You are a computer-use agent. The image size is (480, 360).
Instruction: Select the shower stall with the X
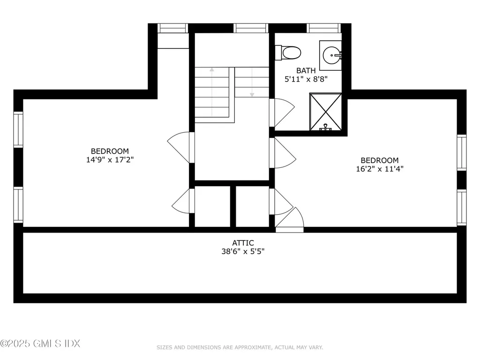click(325, 112)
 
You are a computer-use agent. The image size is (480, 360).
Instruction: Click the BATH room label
click(306, 71)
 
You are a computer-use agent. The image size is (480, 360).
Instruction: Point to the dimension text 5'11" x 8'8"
click(306, 79)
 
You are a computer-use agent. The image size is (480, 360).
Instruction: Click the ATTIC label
click(243, 243)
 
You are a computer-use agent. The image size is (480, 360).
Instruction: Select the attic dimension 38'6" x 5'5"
click(243, 251)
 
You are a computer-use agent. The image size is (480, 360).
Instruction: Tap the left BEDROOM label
click(110, 151)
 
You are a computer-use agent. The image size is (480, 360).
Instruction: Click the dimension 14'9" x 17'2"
click(110, 159)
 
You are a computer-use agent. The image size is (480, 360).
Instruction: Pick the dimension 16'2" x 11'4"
click(380, 169)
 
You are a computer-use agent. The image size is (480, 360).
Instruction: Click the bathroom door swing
click(281, 112)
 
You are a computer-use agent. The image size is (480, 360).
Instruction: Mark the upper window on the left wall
click(18, 130)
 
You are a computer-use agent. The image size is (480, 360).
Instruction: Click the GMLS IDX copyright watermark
click(40, 344)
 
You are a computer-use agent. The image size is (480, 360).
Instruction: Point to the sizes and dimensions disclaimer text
click(240, 347)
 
